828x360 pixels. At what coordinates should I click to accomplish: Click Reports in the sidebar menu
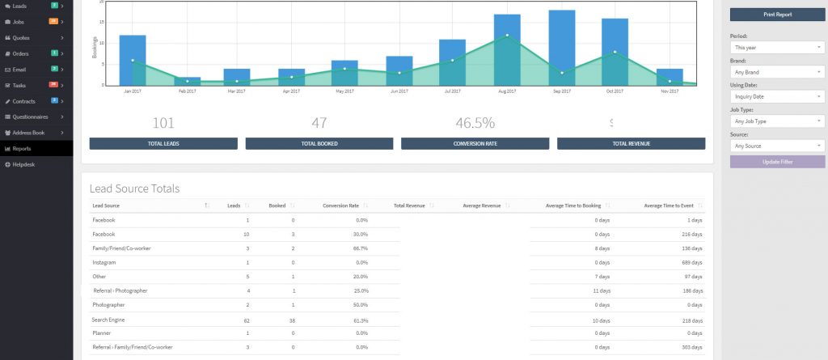23,149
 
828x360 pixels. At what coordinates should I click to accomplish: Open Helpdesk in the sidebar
24,164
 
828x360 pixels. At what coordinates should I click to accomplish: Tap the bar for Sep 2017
561,48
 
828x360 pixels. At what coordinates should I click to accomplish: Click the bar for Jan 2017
132,60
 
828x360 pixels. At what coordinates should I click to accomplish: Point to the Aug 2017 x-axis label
507,91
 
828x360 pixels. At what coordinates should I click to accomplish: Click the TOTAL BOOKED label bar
319,144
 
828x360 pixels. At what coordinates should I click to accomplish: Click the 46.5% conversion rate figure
475,123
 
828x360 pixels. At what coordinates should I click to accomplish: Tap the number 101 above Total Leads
163,123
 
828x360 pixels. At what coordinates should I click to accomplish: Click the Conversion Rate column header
340,205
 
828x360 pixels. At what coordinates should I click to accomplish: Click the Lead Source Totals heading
134,188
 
